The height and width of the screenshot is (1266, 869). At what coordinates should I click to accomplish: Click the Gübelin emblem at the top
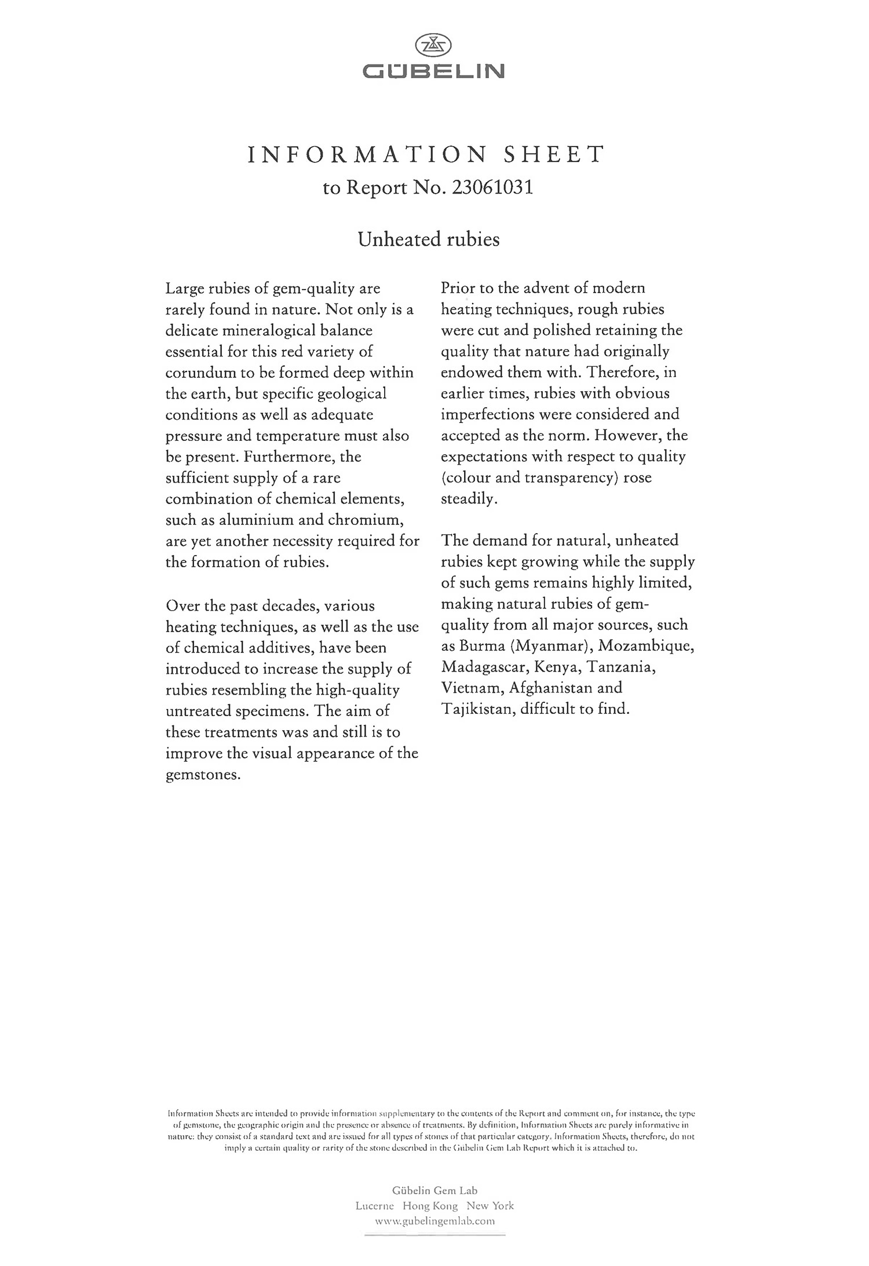434,45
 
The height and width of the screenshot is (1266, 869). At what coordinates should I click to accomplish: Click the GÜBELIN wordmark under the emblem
434,72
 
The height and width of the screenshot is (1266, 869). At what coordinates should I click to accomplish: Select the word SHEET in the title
554,155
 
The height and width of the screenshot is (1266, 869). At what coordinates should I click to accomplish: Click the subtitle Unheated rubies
429,239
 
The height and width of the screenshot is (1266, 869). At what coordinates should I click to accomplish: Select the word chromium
364,520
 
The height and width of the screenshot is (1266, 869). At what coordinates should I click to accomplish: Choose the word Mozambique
646,645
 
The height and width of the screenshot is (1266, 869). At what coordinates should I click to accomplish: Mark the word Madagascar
484,667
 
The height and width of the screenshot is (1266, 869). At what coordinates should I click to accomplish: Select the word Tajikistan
477,709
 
